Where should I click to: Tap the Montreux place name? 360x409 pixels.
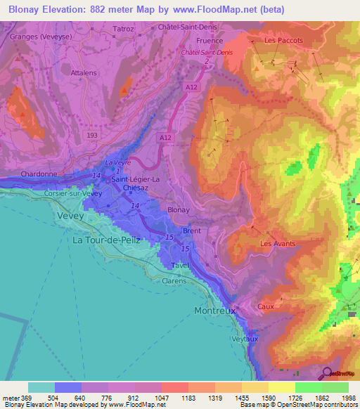pos(216,310)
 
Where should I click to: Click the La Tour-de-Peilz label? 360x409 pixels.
pos(106,240)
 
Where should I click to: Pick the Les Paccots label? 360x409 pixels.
pos(283,40)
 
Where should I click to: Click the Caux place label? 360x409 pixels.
pos(266,306)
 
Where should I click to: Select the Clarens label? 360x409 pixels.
pos(174,280)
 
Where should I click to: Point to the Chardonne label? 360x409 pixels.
pos(39,173)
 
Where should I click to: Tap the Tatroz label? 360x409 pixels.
pos(123,30)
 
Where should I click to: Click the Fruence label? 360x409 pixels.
pos(210,41)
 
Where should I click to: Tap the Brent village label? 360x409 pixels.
pos(191,231)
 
